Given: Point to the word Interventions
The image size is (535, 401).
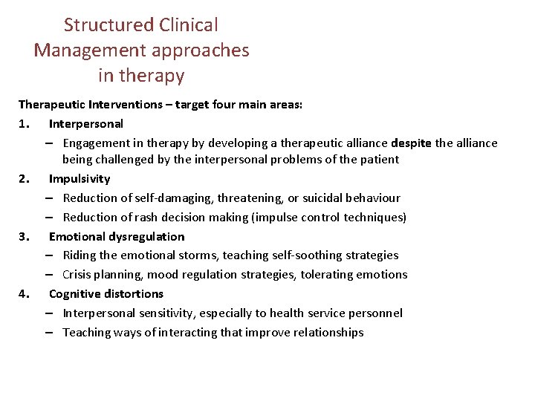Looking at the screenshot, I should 123,105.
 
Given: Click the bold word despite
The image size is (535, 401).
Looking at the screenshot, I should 410,143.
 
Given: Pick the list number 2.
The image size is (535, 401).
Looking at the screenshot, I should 24,179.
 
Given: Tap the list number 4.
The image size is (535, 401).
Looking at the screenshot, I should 24,294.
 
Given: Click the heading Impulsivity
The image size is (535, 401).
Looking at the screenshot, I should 80,179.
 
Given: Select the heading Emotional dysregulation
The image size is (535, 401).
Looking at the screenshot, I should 117,237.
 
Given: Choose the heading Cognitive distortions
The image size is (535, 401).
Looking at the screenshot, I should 106,294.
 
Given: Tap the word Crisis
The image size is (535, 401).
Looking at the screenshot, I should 79,275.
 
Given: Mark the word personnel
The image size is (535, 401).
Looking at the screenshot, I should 376,313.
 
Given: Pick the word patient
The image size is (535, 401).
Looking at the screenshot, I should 380,160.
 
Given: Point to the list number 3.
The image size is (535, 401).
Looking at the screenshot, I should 24,237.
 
